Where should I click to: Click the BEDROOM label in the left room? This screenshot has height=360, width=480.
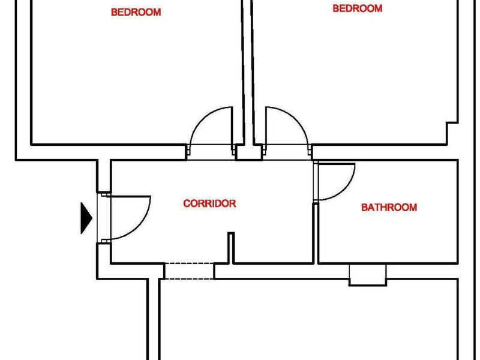136,12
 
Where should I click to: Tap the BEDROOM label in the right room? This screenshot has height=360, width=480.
357,8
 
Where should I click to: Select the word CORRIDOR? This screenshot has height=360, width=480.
209,203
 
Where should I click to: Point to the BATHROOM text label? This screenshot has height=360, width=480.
389,208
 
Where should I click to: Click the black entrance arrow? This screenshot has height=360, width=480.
86,218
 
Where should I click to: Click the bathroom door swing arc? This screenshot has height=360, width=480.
347,189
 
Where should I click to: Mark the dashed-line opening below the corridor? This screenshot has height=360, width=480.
189,271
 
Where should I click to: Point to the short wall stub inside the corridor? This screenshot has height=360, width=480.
231,248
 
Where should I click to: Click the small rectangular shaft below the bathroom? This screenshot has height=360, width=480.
368,275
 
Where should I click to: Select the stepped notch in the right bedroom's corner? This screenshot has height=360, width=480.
452,133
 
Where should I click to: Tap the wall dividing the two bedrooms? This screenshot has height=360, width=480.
248,72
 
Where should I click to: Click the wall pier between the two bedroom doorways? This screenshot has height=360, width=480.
249,152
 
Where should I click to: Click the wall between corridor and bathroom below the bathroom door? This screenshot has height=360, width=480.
316,233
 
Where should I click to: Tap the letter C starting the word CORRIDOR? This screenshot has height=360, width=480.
187,203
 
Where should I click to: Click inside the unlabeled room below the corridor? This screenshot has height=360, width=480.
308,320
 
